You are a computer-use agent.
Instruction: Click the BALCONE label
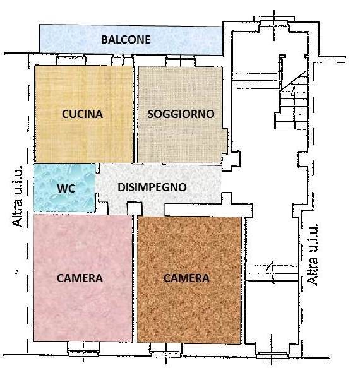click(x=126, y=40)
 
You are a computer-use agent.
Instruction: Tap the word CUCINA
click(x=82, y=114)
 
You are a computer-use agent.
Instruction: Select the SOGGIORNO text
click(x=181, y=114)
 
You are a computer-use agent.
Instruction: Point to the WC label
click(x=66, y=189)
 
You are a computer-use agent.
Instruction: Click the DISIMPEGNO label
click(x=152, y=187)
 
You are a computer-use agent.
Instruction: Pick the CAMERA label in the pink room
click(x=80, y=277)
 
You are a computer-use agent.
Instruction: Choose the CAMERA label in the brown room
click(x=186, y=278)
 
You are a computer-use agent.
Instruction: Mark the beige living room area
click(x=181, y=139)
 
